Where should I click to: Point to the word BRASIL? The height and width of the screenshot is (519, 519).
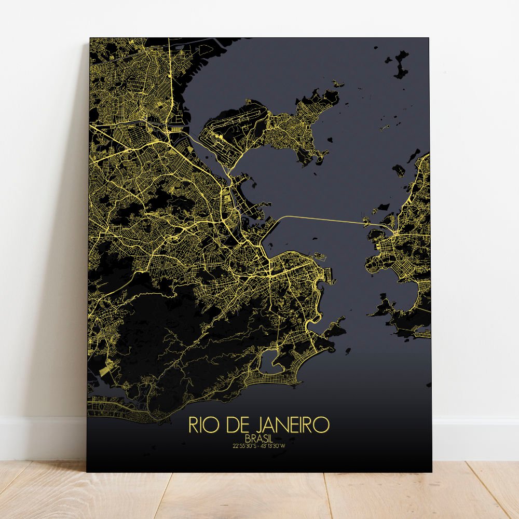click(x=258, y=439)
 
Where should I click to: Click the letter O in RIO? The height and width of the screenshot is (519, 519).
click(x=215, y=426)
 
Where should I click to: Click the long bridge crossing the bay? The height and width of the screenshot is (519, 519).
click(x=322, y=218)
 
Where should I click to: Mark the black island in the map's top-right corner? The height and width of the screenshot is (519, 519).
click(x=401, y=65)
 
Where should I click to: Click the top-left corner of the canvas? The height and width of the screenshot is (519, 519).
click(x=90, y=38)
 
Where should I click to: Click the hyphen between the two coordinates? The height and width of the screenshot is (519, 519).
click(x=259, y=445)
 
